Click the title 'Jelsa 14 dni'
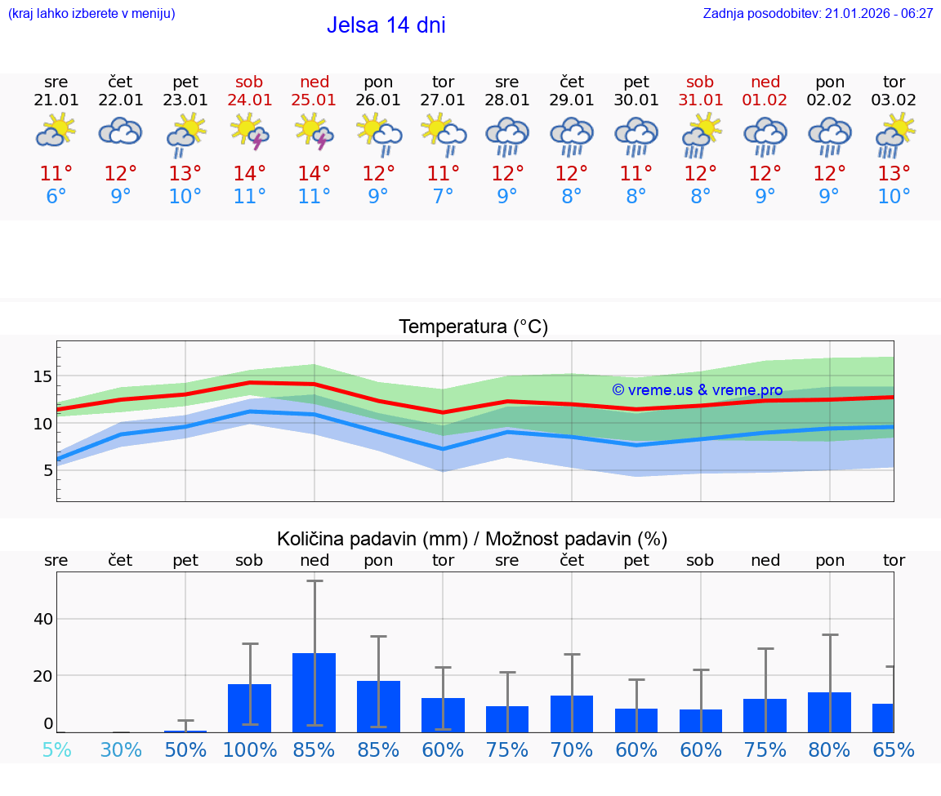pyautogui.click(x=386, y=25)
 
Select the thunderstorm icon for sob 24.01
pyautogui.click(x=250, y=132)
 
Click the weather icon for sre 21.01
pyautogui.click(x=56, y=131)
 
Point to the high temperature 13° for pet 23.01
pyautogui.click(x=185, y=173)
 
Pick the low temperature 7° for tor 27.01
pyautogui.click(x=443, y=197)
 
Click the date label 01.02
pyautogui.click(x=765, y=100)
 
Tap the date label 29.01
pyautogui.click(x=572, y=100)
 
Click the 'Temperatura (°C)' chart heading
pyautogui.click(x=473, y=327)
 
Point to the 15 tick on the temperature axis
pyautogui.click(x=42, y=376)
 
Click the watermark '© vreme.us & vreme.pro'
pyautogui.click(x=697, y=390)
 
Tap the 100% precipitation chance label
pyautogui.click(x=250, y=749)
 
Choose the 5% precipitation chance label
pyautogui.click(x=56, y=749)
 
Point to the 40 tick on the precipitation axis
pyautogui.click(x=42, y=619)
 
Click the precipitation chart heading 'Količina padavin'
pyautogui.click(x=472, y=539)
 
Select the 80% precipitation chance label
pyautogui.click(x=830, y=749)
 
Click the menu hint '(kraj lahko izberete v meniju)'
pyautogui.click(x=91, y=13)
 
